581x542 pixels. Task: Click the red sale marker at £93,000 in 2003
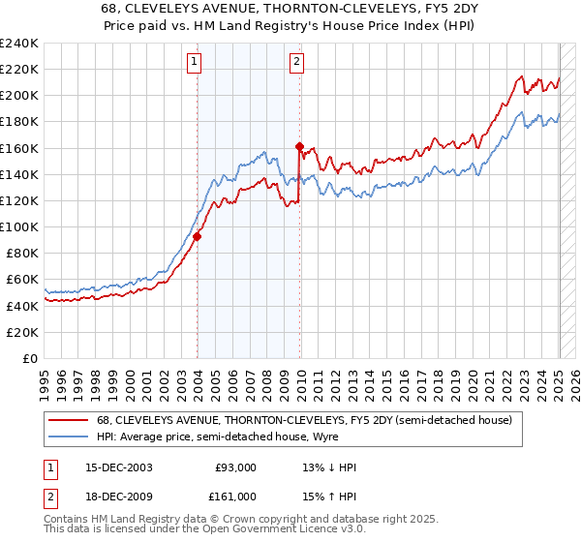pos(198,235)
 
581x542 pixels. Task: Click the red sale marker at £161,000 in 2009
pos(300,147)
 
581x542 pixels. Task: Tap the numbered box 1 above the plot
pos(194,63)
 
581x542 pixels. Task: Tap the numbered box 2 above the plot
pos(296,63)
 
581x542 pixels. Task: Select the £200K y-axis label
pos(19,96)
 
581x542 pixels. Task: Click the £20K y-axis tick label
pos(22,332)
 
